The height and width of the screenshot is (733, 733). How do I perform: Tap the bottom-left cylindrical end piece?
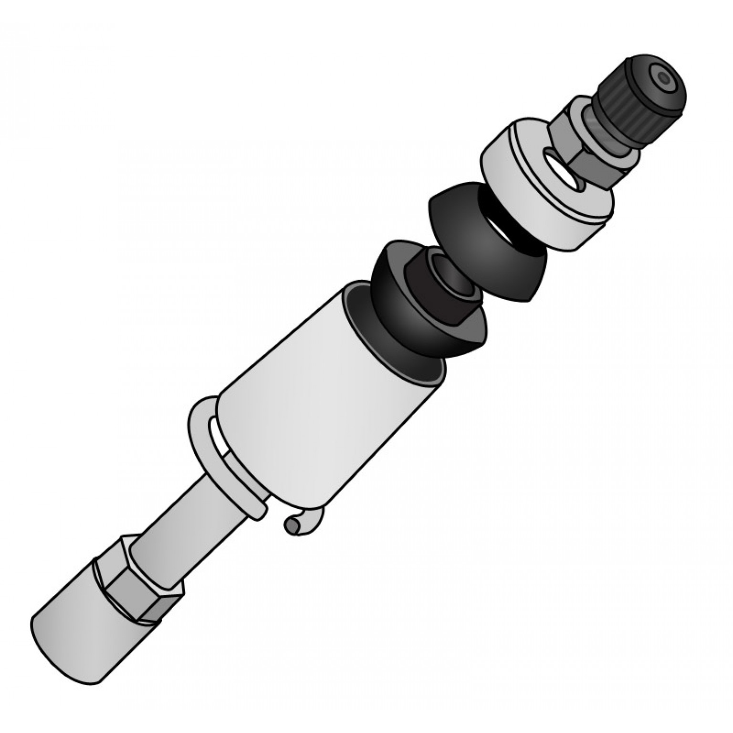pos(76,630)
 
